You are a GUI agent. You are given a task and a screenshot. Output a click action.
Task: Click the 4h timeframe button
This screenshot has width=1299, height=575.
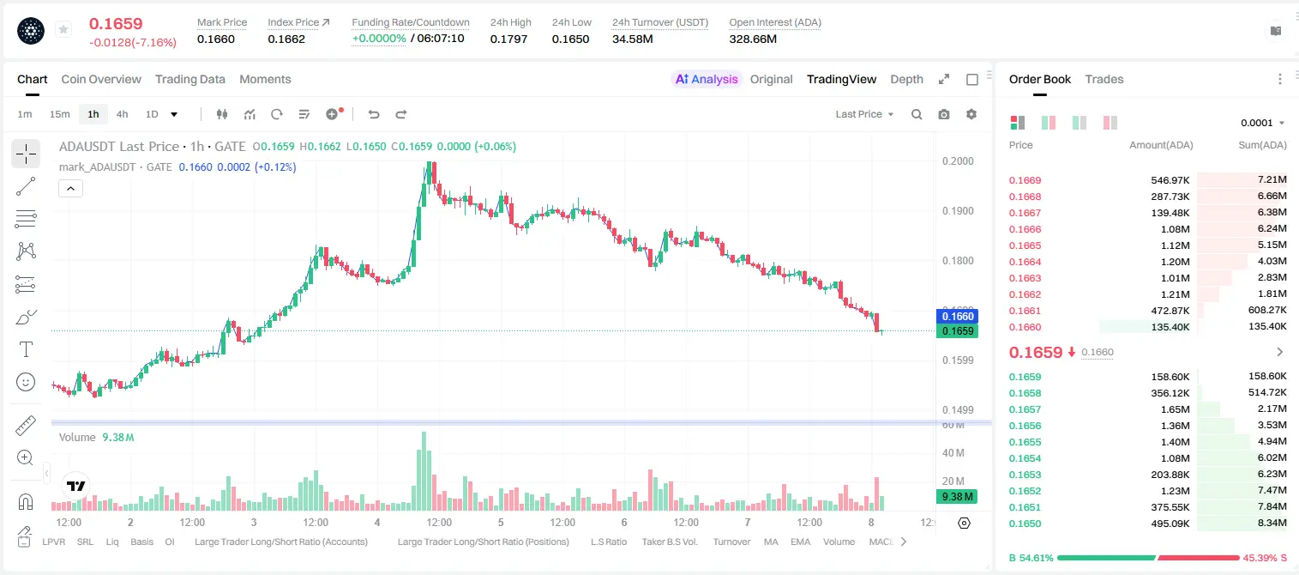coord(122,114)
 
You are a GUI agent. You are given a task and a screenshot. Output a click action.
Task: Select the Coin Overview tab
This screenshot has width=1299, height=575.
coord(101,79)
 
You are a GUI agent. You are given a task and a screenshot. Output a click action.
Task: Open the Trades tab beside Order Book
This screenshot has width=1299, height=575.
coord(1104,79)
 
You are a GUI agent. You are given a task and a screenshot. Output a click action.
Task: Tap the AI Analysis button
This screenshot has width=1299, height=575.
coord(707,79)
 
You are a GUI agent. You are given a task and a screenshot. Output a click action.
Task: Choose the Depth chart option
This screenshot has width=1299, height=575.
coord(906,79)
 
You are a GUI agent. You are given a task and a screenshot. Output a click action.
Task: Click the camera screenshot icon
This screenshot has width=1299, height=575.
coord(944,114)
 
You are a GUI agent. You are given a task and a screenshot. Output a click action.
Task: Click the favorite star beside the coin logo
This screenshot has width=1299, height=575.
coord(63,29)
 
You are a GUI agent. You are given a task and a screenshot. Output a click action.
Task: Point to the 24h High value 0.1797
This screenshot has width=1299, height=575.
coord(508,39)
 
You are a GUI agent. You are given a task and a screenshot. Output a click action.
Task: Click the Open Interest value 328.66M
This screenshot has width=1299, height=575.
coord(753,39)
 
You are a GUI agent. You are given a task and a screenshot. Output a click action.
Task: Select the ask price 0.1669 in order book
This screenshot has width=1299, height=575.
coord(1025,180)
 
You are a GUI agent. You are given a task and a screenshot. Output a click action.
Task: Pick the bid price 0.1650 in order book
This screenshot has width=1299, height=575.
coord(1025,524)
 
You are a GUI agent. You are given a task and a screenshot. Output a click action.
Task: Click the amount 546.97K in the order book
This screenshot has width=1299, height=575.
coord(1170,180)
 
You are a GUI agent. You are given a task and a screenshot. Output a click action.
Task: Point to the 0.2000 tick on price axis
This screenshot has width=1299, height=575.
coord(958,160)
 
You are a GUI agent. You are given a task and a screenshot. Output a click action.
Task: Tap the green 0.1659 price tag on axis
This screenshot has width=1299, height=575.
coord(958,330)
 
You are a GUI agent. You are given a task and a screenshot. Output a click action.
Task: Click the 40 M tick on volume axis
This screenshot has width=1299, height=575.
coord(953,452)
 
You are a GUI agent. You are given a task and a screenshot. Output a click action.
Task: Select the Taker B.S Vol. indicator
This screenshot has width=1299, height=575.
coord(669,542)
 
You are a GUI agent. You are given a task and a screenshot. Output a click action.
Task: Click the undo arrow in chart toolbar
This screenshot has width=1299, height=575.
coord(374,114)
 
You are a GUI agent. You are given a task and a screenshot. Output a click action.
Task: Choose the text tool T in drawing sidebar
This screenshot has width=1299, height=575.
coord(26,349)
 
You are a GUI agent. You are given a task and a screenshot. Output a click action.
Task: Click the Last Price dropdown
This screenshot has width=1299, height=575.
coord(864,114)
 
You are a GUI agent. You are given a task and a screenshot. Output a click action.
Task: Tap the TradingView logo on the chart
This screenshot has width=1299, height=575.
coord(76,486)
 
